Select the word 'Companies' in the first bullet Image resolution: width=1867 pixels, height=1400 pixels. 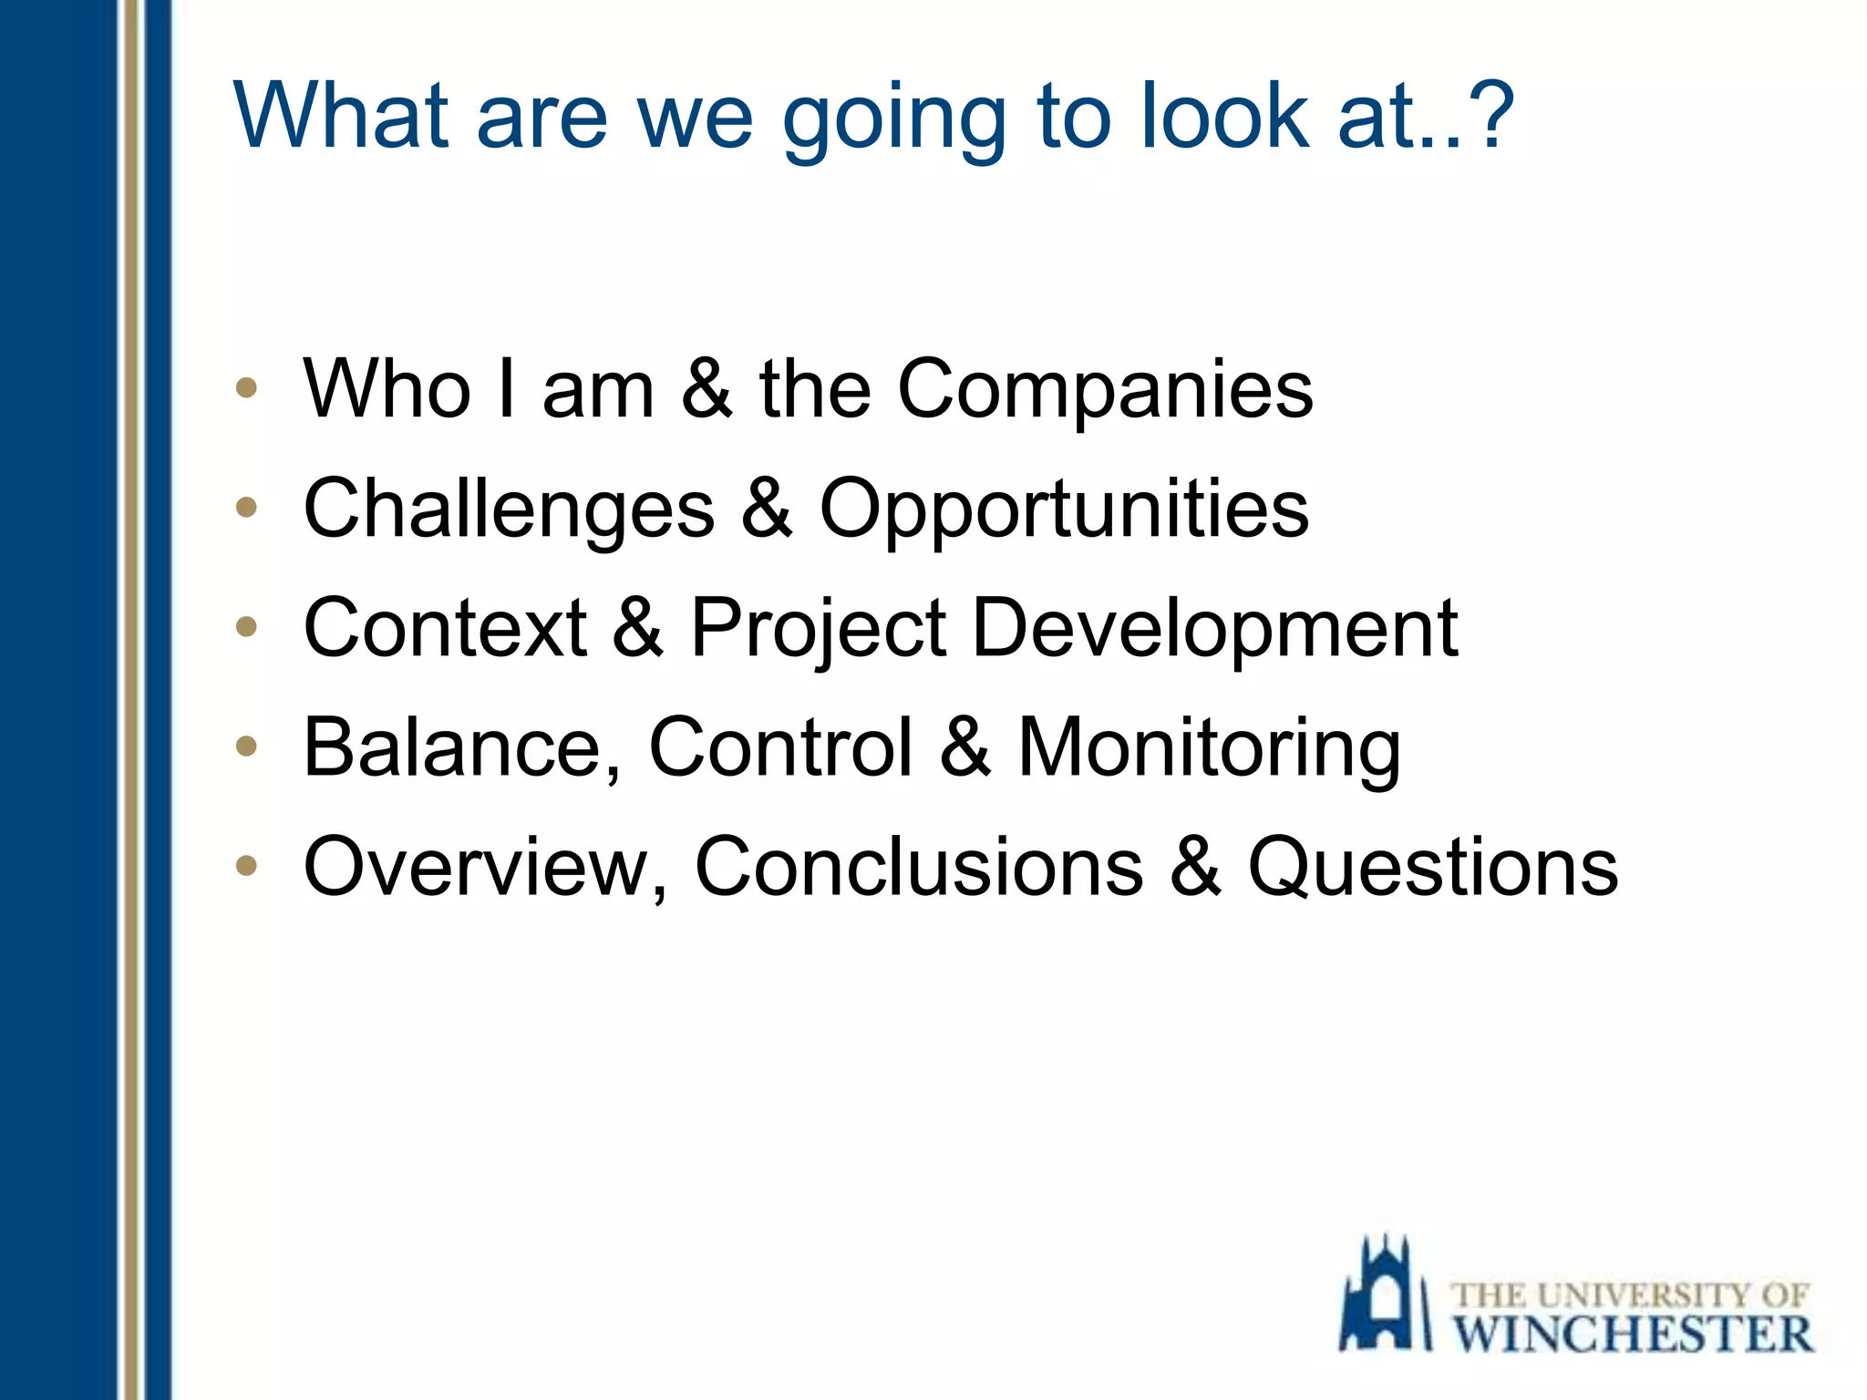click(1105, 390)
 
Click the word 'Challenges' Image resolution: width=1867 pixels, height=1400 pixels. click(509, 510)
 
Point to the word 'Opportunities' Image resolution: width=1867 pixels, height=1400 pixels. click(1064, 510)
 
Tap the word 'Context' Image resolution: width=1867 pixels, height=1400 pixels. click(445, 628)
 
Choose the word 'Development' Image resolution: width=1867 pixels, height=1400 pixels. click(1214, 630)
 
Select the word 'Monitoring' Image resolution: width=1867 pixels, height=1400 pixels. click(1209, 749)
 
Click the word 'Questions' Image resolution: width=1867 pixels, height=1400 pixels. click(1432, 868)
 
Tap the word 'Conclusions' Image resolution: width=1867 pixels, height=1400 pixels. click(918, 868)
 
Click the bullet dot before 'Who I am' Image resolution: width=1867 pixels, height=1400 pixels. click(246, 387)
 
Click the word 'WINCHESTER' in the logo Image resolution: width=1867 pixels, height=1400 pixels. click(1632, 1334)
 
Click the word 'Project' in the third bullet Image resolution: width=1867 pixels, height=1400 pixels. click(818, 630)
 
